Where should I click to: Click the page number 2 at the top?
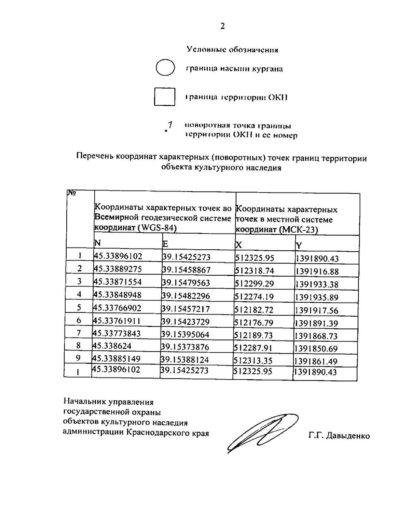point(222,26)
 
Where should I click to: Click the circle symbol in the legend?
point(165,67)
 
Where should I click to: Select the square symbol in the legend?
point(165,96)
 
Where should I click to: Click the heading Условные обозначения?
point(232,50)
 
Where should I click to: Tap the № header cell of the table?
point(71,194)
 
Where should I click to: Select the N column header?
point(98,243)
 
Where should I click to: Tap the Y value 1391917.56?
point(316,310)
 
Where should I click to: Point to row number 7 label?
point(79,332)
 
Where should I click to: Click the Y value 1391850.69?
point(316,348)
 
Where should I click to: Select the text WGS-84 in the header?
point(158,228)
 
